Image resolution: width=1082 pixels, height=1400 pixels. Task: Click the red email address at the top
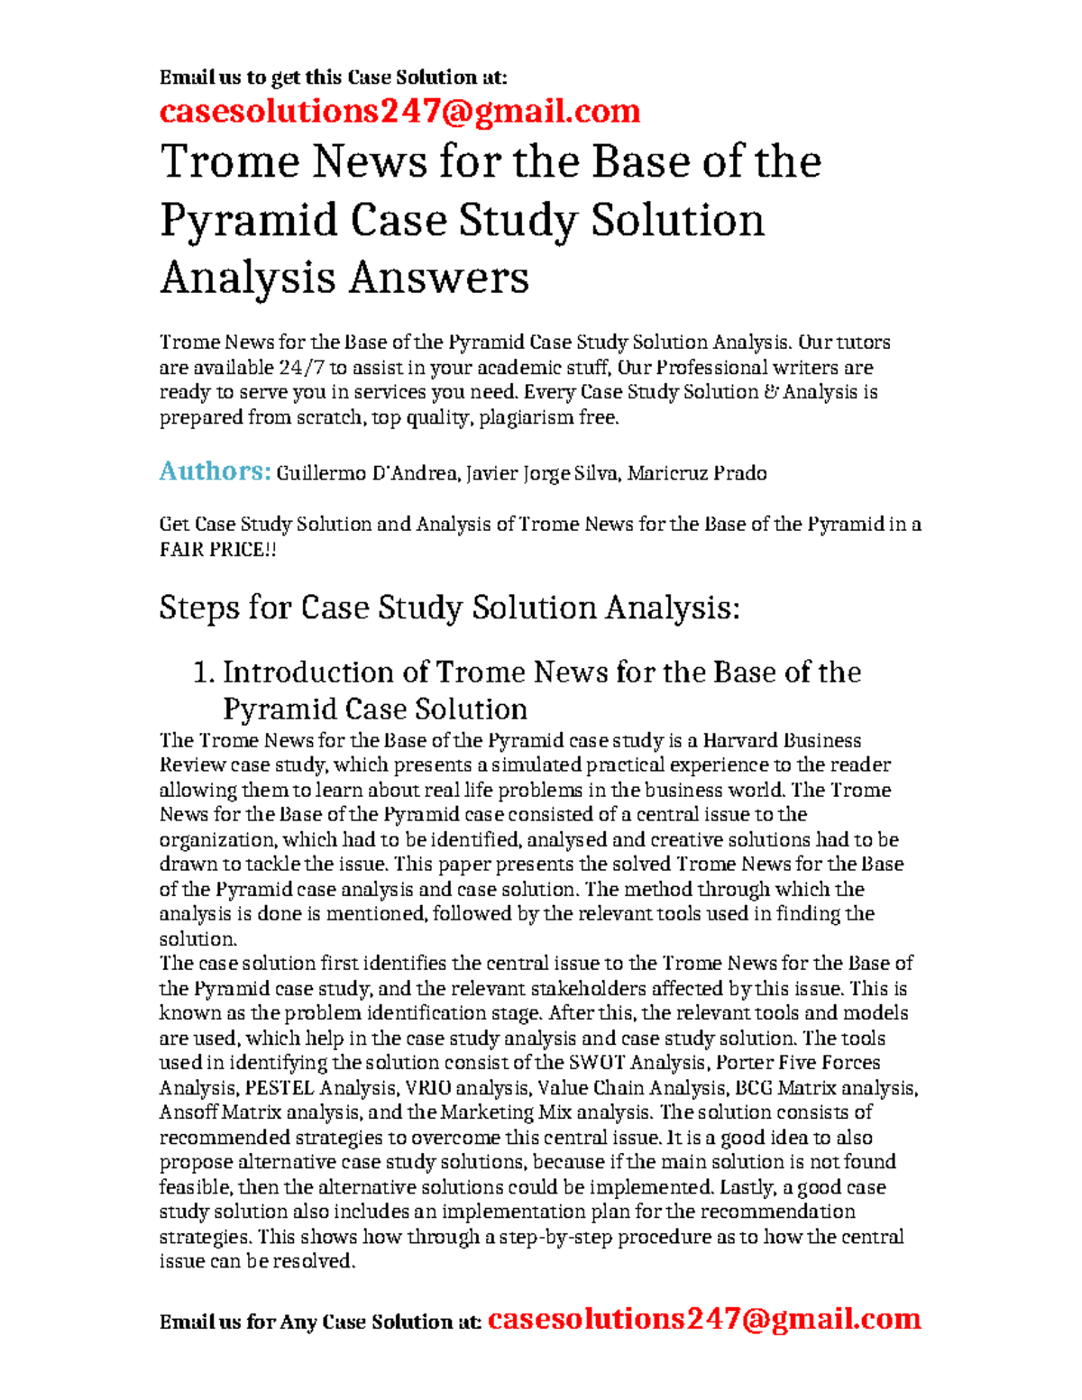click(399, 112)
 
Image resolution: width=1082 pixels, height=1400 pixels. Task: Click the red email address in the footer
click(703, 1319)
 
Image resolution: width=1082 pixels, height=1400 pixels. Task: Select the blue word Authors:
click(215, 471)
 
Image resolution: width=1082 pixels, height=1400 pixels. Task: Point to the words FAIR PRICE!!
click(217, 549)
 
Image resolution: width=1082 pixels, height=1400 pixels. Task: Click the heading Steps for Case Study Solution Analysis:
click(449, 608)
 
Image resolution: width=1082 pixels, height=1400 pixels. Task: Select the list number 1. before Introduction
click(204, 673)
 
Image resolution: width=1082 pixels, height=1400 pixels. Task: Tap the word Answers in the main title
click(439, 277)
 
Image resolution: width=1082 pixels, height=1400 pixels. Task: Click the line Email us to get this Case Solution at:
click(334, 78)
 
